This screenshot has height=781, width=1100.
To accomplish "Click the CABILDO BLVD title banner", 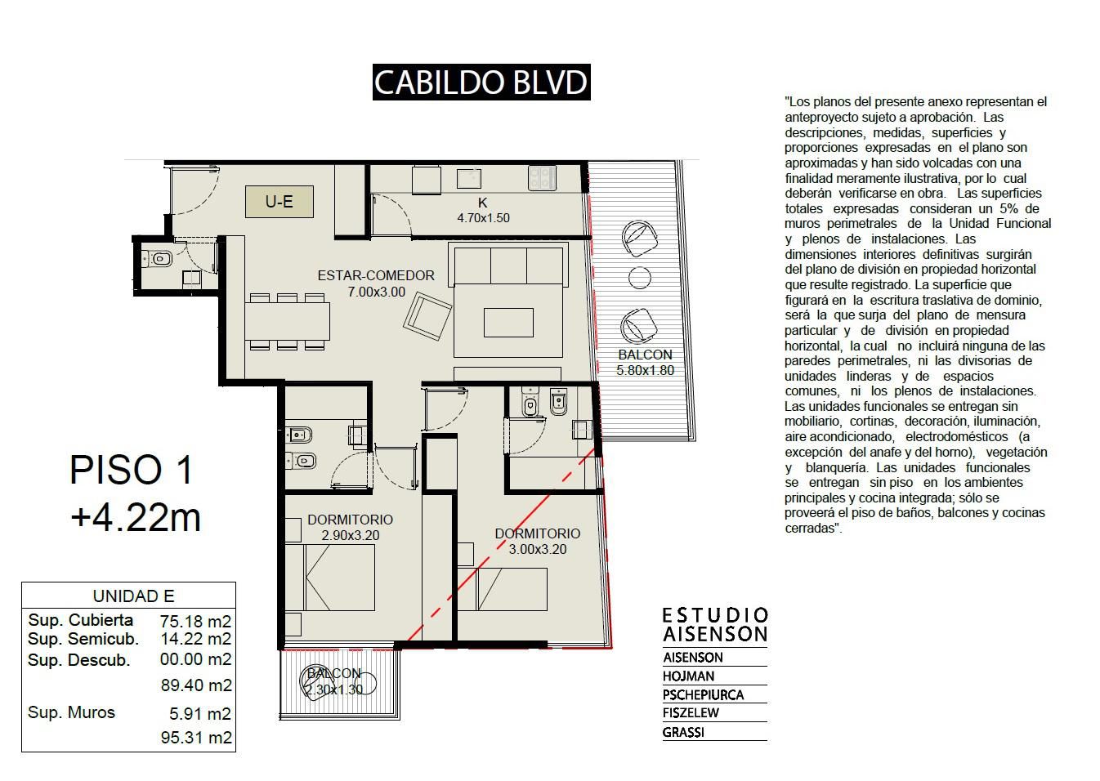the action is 481,82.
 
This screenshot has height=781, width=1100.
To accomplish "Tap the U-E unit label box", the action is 279,201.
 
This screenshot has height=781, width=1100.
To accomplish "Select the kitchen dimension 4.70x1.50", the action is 483,218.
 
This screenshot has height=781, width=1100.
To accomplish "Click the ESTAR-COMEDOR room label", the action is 376,275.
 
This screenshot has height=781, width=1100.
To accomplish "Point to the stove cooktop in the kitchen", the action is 542,178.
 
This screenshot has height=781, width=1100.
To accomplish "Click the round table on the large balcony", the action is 639,278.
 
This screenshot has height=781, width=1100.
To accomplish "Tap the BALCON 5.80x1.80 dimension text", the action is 645,362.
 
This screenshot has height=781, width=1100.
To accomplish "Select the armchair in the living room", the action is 427,317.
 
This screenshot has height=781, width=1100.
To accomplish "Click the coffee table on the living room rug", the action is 508,323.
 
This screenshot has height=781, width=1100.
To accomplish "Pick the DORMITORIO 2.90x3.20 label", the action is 350,527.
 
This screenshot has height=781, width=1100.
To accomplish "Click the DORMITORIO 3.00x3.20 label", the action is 537,541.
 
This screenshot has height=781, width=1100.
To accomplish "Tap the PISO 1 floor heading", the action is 131,470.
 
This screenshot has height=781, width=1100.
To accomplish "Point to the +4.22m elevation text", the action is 136,517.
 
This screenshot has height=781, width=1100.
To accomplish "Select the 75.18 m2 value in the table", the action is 195,622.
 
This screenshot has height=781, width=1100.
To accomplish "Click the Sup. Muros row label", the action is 71,712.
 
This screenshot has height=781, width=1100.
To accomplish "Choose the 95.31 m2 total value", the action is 196,738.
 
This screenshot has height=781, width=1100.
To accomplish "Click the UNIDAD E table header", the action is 133,596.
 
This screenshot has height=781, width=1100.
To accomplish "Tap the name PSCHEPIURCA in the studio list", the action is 703,694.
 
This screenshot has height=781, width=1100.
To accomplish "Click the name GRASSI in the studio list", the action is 683,732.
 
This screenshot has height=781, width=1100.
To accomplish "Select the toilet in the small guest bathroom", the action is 158,258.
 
